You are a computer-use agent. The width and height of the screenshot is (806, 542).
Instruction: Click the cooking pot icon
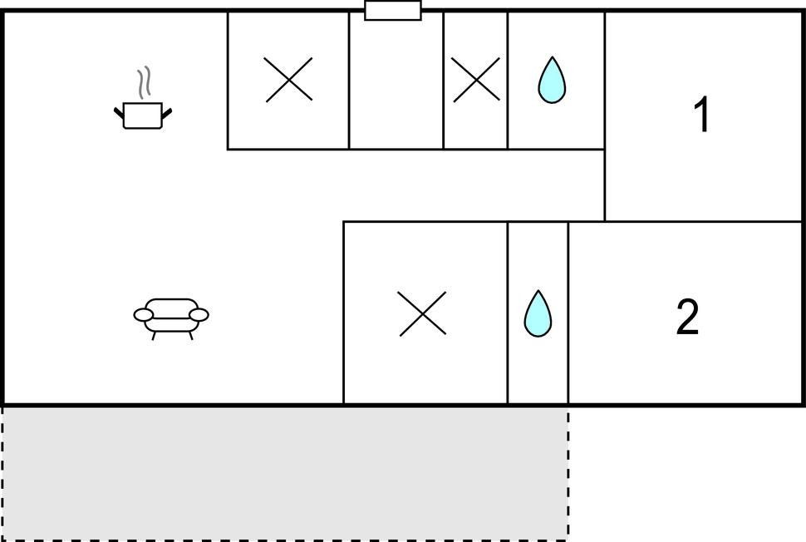[x=143, y=115]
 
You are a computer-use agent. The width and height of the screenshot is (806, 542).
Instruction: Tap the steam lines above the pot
[x=145, y=82]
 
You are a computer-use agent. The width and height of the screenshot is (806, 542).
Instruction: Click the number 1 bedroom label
[x=701, y=114]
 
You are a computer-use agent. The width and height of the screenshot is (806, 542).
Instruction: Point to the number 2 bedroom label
[x=687, y=317]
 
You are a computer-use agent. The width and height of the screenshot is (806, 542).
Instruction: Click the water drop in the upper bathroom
[x=552, y=81]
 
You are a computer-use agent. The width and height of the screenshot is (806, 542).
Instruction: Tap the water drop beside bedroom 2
[x=538, y=313]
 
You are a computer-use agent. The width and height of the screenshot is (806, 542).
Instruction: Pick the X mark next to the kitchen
[x=289, y=80]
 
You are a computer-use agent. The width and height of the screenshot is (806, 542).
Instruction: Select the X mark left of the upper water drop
[x=476, y=80]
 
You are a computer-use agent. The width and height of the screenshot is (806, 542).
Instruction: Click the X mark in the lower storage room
[x=423, y=313]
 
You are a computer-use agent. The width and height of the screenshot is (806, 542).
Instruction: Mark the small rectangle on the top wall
[x=393, y=10]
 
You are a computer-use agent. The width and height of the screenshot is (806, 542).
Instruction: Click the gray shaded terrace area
[x=285, y=473]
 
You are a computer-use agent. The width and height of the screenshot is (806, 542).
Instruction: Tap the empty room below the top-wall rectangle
[x=396, y=82]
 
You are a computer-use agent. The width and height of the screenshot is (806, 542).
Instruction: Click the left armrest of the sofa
[x=144, y=315]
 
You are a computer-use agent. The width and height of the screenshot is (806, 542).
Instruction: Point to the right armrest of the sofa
[x=199, y=315]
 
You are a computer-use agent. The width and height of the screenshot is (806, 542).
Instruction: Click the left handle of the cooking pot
[x=119, y=112]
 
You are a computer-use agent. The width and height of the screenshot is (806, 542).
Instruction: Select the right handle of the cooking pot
[x=167, y=113]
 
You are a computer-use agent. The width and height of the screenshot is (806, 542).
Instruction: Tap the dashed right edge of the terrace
[x=568, y=473]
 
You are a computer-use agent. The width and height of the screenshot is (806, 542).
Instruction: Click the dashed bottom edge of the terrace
[x=285, y=540]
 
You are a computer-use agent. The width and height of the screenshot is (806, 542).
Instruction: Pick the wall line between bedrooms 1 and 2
[x=703, y=222]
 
